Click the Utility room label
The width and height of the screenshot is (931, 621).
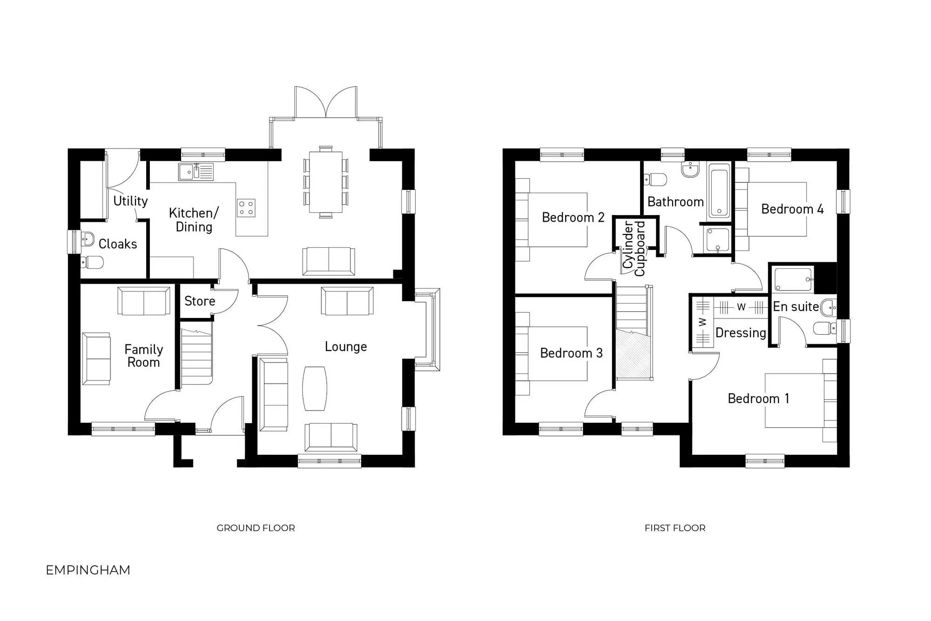[x=130, y=201]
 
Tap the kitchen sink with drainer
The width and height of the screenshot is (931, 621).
[x=196, y=172]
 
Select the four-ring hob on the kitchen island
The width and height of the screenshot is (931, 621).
[x=246, y=208]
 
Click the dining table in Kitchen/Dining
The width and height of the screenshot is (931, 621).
[x=326, y=182]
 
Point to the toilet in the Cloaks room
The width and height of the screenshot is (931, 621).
[x=92, y=263]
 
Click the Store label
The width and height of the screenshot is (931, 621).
[x=200, y=301]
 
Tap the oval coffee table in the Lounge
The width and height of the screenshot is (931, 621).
[x=315, y=389]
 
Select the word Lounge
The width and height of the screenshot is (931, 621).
[x=346, y=346]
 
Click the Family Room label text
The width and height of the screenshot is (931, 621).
[x=143, y=356]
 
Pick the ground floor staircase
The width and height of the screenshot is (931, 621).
[x=196, y=357]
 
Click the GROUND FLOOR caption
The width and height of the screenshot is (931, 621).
[x=256, y=528]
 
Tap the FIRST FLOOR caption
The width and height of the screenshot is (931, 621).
[x=675, y=528]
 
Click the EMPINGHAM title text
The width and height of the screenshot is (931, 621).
[x=88, y=570]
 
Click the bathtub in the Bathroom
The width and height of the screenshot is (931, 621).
[x=719, y=192]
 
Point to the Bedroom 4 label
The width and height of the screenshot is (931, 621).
[x=792, y=209]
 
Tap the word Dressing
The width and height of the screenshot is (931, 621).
[x=741, y=333]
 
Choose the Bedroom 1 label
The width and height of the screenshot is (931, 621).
[x=758, y=398]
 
